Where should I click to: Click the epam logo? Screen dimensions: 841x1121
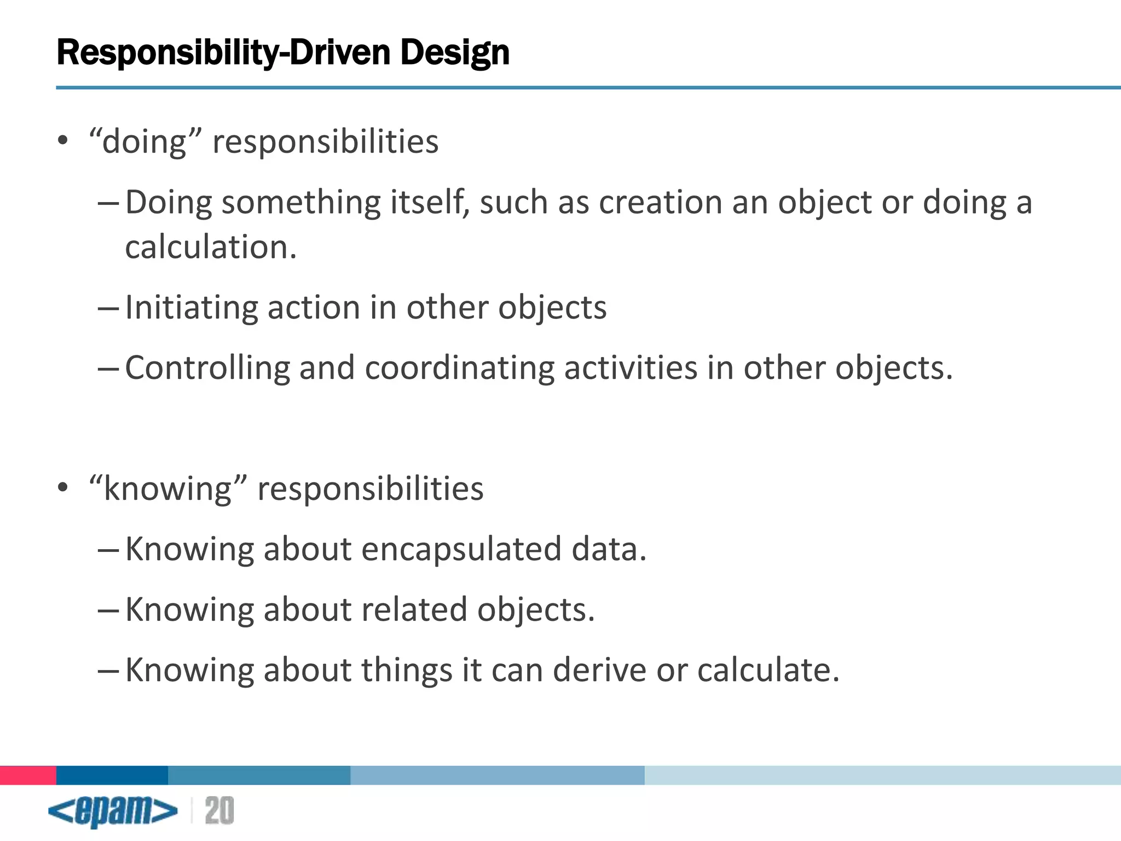click(x=113, y=811)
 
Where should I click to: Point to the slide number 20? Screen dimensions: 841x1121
click(x=219, y=811)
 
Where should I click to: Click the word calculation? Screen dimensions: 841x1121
click(x=211, y=247)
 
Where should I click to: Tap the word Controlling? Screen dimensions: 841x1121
click(x=207, y=367)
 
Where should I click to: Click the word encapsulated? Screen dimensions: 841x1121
click(x=461, y=549)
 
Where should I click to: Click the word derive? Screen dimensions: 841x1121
click(x=599, y=670)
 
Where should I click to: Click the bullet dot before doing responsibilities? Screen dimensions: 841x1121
click(x=63, y=141)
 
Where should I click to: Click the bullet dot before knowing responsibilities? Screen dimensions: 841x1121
click(x=63, y=487)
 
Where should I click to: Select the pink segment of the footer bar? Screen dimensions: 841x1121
click(x=28, y=775)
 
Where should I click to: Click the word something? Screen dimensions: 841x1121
click(x=301, y=202)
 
